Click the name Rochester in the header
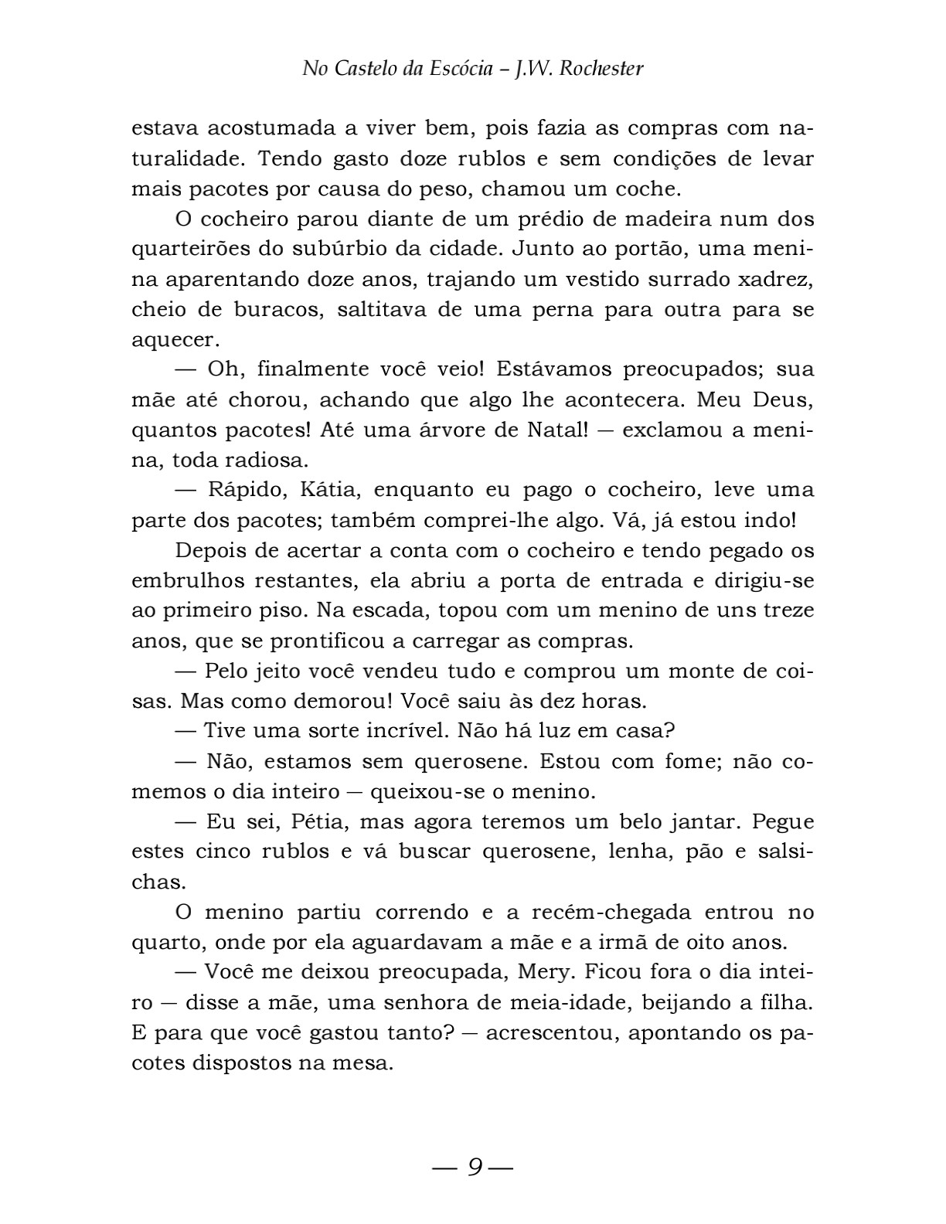601,69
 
